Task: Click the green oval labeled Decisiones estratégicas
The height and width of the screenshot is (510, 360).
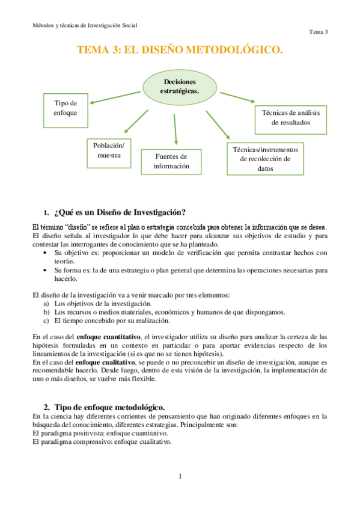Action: (x=180, y=86)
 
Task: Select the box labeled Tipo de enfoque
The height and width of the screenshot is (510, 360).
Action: (x=66, y=108)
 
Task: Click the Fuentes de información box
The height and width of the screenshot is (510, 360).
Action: (x=171, y=161)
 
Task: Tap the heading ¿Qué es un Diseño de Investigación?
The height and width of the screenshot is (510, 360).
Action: (x=119, y=212)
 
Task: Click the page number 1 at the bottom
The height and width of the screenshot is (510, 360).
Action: (x=180, y=477)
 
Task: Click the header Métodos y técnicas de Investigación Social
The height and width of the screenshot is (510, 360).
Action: (x=85, y=25)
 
